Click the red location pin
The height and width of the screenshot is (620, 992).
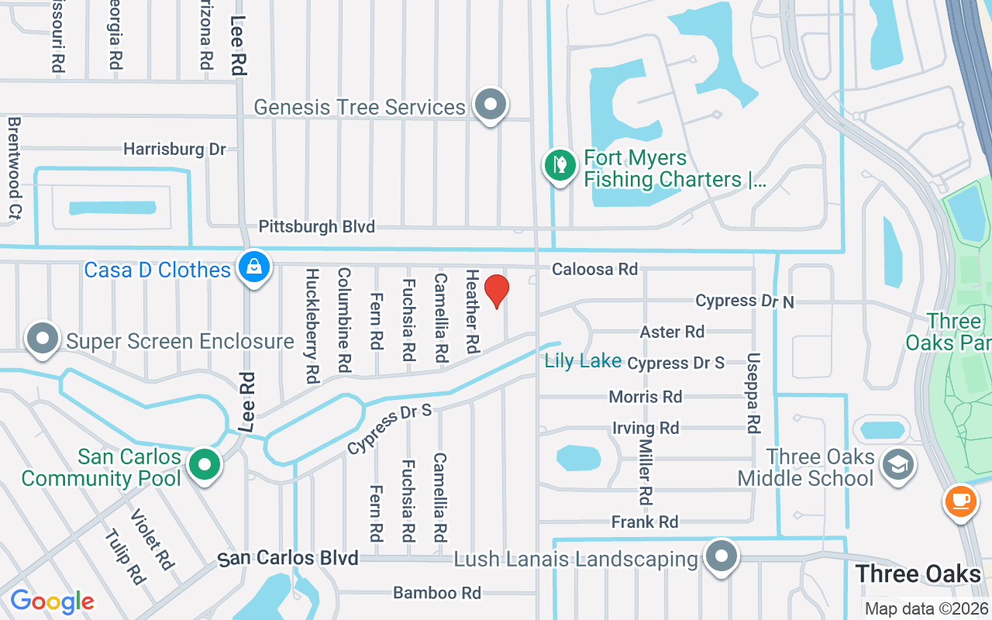[496, 291]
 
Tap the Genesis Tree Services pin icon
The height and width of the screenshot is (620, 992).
[490, 105]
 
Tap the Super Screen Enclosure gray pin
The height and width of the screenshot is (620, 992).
[43, 339]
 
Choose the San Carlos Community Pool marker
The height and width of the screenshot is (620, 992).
[205, 466]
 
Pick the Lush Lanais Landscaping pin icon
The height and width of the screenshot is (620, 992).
[722, 556]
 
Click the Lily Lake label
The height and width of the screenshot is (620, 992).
[583, 360]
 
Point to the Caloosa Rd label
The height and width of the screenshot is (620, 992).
[594, 269]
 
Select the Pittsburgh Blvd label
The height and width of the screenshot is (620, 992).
[316, 227]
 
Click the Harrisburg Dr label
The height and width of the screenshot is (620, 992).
[174, 149]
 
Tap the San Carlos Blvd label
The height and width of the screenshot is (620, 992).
[288, 558]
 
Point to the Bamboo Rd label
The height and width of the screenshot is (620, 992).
[437, 593]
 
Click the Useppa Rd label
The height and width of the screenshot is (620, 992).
[753, 393]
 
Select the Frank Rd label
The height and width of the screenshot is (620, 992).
[645, 522]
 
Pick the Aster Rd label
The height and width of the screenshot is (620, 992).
[672, 332]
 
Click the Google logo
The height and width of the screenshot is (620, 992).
[52, 601]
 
